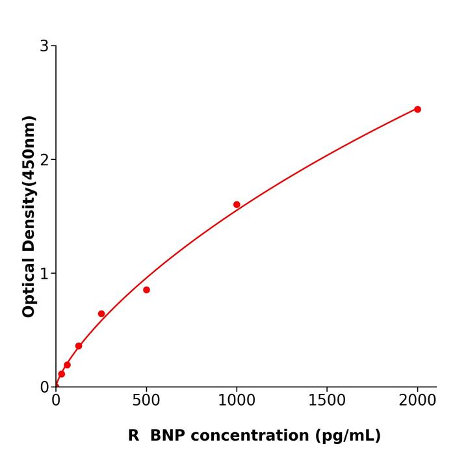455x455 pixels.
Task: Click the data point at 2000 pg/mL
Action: point(417,109)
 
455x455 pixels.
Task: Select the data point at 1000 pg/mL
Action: point(237,205)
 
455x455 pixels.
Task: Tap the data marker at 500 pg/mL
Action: point(146,290)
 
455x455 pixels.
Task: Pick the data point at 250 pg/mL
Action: point(101,314)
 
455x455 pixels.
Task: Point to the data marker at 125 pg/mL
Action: point(79,346)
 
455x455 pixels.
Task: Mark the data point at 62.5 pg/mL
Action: point(67,365)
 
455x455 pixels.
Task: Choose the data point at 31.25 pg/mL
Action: point(61,374)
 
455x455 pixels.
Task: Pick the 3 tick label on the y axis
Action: point(44,46)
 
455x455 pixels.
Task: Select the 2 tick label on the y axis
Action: point(44,160)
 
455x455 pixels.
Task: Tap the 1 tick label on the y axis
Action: point(44,274)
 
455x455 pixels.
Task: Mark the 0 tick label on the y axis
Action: point(44,387)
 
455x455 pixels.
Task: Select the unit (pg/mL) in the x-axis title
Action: point(348,436)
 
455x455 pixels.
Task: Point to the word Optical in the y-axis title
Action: point(29,289)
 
